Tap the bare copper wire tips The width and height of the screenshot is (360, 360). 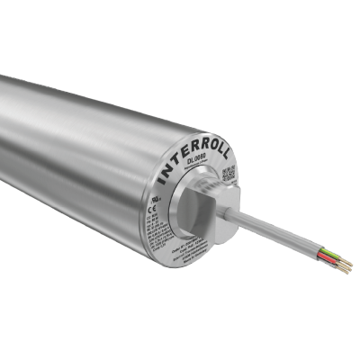[x=346, y=266]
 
